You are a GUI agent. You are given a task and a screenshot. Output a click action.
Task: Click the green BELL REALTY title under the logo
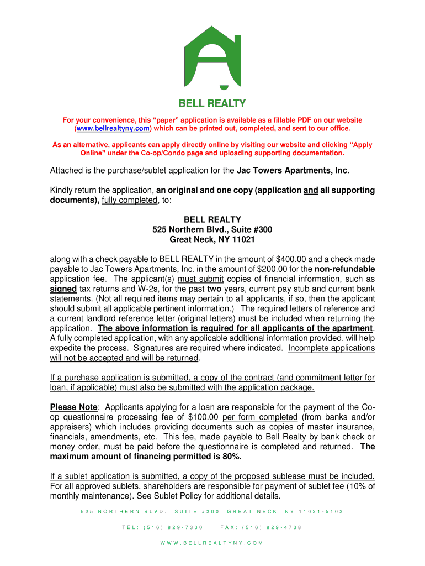tap(212, 103)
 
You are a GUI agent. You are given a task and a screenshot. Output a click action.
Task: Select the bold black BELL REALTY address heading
tap(212, 219)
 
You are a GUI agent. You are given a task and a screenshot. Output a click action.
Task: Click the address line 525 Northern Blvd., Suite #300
tap(212, 229)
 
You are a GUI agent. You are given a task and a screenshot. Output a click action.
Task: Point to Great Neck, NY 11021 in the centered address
tap(212, 239)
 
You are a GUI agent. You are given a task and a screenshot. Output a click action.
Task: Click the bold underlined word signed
tap(63, 289)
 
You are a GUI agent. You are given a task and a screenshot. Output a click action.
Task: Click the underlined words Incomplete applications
tap(331, 348)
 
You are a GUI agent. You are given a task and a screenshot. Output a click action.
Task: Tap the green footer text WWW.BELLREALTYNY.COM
tap(212, 543)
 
